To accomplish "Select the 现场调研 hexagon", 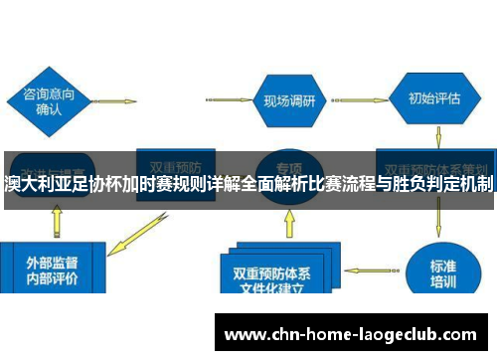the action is coord(289,101).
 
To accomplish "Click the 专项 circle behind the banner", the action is coord(289,169).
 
